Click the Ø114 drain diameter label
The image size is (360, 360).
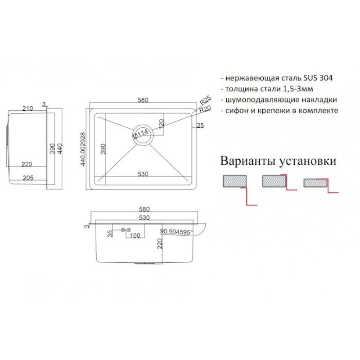click(x=140, y=133)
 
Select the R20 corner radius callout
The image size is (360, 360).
click(x=205, y=108)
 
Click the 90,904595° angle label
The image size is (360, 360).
click(x=176, y=233)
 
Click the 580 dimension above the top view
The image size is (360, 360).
click(x=143, y=100)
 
